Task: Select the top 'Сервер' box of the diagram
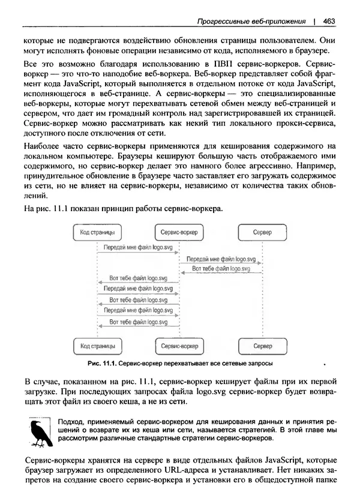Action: [x=262, y=232]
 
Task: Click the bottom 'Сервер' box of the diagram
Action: [x=262, y=347]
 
